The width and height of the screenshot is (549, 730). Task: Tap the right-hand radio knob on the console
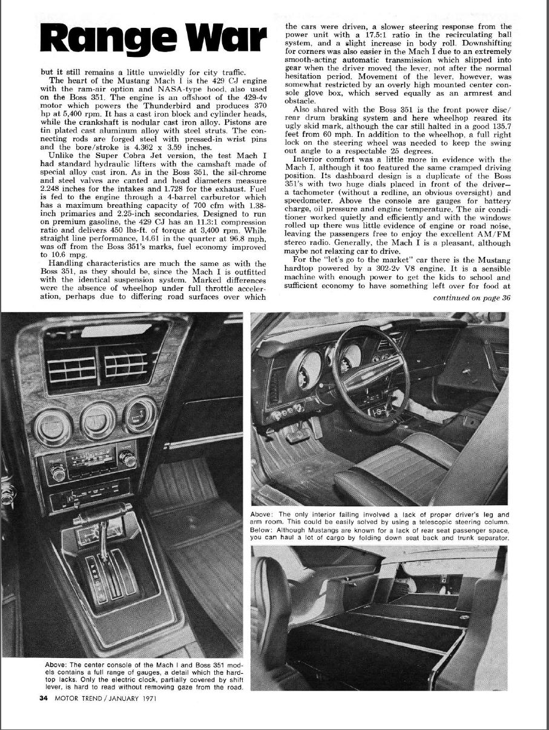coord(128,460)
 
